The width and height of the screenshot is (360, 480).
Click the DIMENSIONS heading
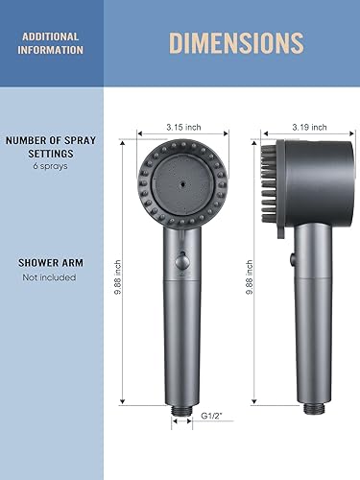pos(236,43)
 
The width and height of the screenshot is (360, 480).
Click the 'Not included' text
pos(48,278)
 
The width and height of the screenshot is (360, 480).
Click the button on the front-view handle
pos(180,260)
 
